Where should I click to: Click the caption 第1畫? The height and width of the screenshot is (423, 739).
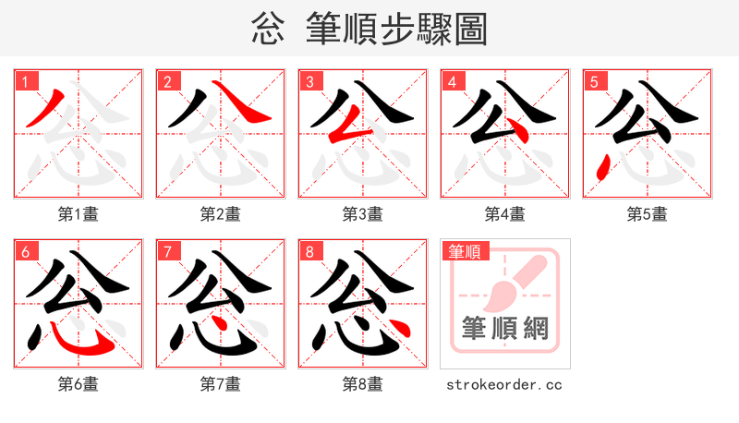click(x=79, y=214)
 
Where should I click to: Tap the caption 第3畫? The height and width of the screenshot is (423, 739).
click(x=363, y=214)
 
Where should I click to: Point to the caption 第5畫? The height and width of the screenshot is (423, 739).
click(x=648, y=214)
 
